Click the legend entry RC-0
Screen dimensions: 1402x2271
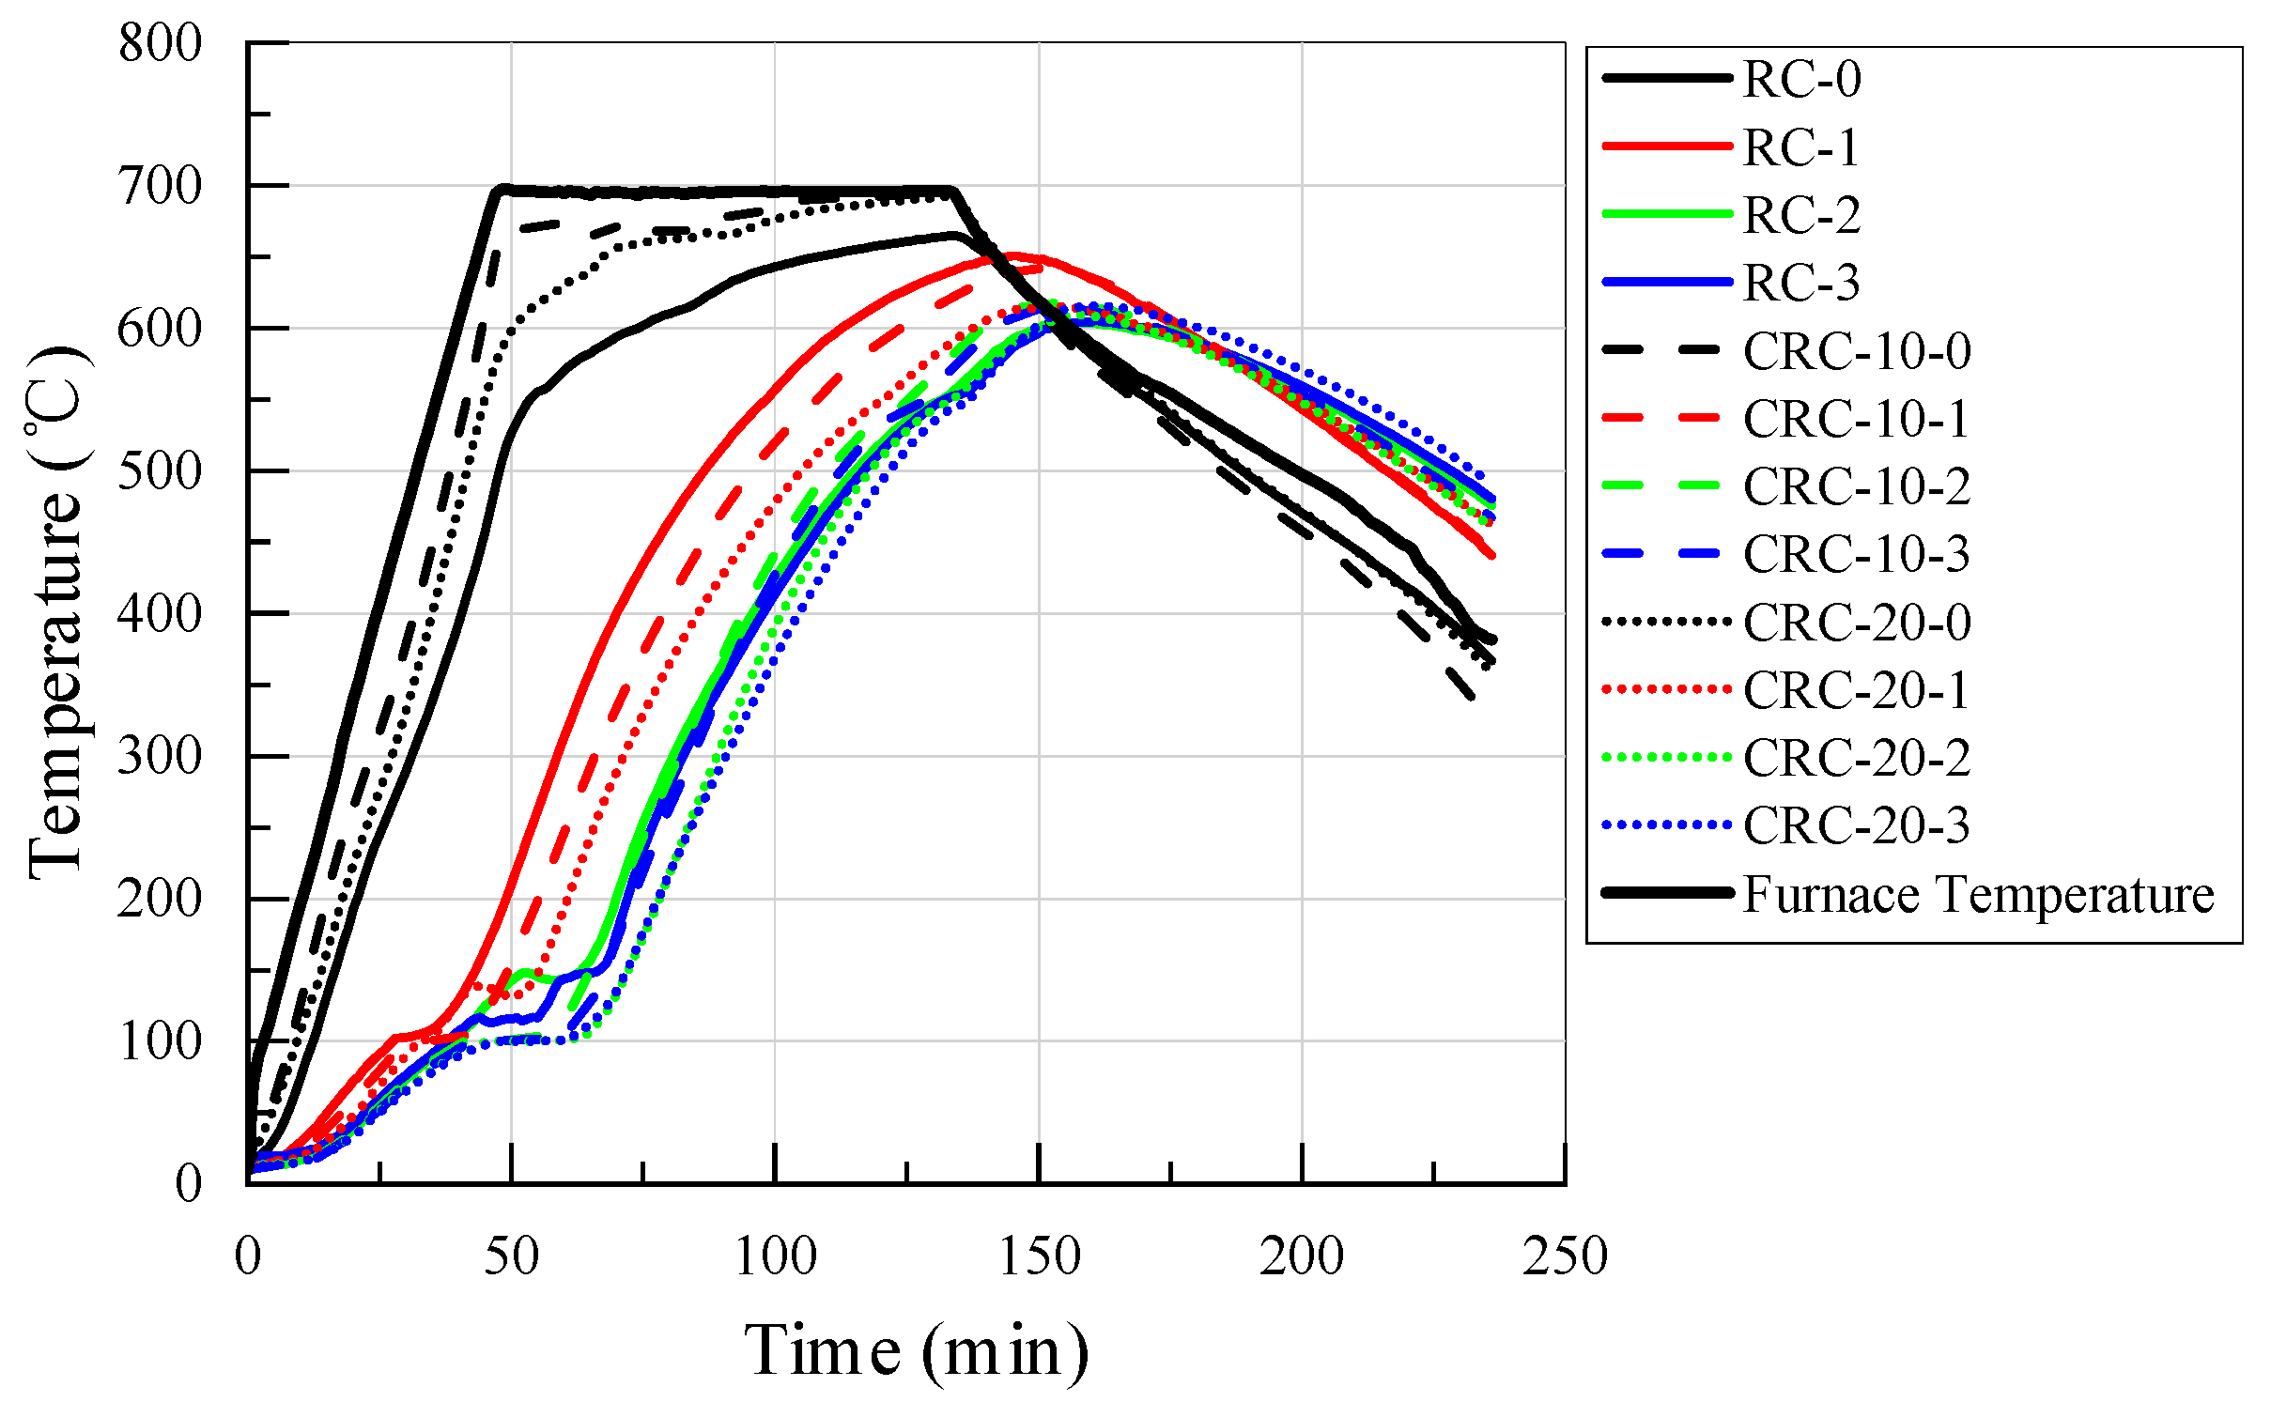[1800, 78]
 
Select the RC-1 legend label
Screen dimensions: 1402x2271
[1800, 146]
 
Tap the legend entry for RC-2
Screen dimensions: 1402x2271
[1800, 214]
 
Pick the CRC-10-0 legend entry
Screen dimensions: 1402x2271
[1856, 350]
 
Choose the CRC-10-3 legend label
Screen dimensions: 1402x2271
[1856, 553]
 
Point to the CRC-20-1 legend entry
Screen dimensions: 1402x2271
[1856, 690]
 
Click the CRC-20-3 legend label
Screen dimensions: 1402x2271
[1856, 825]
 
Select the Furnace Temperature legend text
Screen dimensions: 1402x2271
[1978, 893]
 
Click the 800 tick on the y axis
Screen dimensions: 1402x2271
[160, 43]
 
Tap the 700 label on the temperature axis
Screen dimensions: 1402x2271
[160, 186]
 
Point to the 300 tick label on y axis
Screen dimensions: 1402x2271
[160, 756]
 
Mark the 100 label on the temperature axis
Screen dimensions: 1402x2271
[160, 1041]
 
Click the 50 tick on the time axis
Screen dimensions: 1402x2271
[511, 1256]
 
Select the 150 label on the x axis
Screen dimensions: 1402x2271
[1039, 1256]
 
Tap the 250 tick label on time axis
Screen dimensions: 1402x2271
[1565, 1256]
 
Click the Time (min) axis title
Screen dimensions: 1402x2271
[916, 1350]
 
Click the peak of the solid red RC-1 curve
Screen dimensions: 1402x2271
[1012, 254]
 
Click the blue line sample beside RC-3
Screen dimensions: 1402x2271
[1667, 282]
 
